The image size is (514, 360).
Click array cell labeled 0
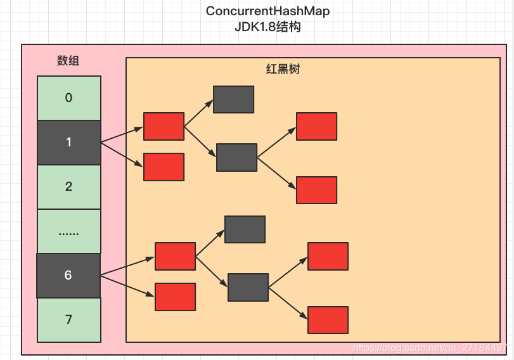click(x=69, y=98)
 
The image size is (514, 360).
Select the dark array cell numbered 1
click(x=69, y=143)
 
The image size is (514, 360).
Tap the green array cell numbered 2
click(x=69, y=187)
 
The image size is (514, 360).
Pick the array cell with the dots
click(x=69, y=231)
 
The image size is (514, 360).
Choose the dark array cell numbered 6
click(x=68, y=276)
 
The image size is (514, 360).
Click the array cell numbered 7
click(x=69, y=320)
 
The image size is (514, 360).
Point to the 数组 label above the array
click(x=68, y=61)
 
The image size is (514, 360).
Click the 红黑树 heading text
click(x=283, y=69)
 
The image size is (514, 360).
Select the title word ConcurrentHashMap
click(x=267, y=11)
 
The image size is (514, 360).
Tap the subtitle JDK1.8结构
click(x=267, y=27)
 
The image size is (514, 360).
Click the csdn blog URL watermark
click(x=430, y=347)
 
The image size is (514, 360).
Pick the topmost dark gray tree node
click(x=233, y=100)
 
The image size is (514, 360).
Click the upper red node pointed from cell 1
click(x=164, y=127)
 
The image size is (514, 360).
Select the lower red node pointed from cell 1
click(x=164, y=167)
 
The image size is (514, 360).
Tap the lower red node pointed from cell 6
click(x=176, y=297)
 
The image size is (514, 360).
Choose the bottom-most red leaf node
click(x=328, y=320)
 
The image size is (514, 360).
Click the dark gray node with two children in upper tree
click(x=236, y=157)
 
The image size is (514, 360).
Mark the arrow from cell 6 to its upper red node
click(x=127, y=266)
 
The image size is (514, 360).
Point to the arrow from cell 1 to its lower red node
click(x=122, y=155)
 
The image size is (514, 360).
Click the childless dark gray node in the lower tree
click(x=245, y=229)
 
